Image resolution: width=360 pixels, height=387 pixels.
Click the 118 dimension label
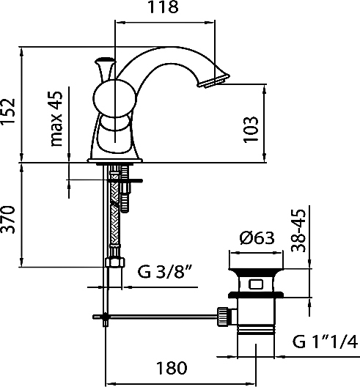click(x=163, y=7)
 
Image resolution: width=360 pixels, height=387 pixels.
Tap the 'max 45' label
click(x=56, y=119)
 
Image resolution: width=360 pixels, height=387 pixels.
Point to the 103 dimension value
click(x=250, y=130)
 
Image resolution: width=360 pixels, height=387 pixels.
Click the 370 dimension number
click(x=8, y=220)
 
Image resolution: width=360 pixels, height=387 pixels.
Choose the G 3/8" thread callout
click(x=165, y=271)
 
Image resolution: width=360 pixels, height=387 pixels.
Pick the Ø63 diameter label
click(x=257, y=238)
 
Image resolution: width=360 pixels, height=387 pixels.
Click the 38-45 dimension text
click(x=298, y=231)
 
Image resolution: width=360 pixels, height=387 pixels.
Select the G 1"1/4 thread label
click(x=325, y=342)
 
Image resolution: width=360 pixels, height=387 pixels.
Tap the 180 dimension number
click(x=172, y=368)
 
